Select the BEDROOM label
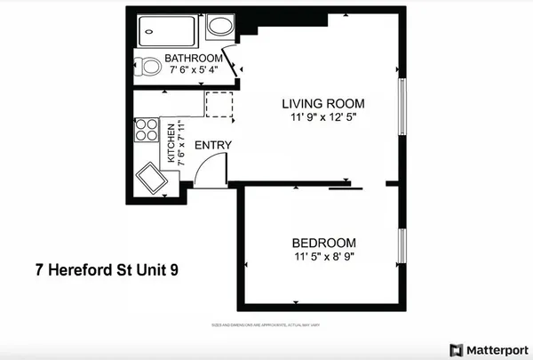[324, 243]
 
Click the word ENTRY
[213, 146]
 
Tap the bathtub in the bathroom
[167, 31]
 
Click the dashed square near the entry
[219, 103]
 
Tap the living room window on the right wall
[402, 103]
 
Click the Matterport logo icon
[456, 348]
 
